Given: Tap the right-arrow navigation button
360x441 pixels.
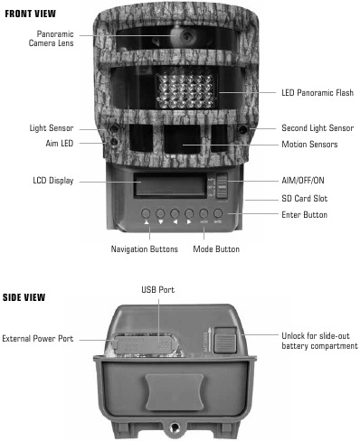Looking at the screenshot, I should coord(188,214).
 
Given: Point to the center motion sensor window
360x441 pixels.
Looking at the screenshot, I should coord(185,142).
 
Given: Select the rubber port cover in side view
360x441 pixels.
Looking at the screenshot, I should coord(147,346).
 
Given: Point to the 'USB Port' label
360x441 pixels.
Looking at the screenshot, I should coord(158,290).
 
